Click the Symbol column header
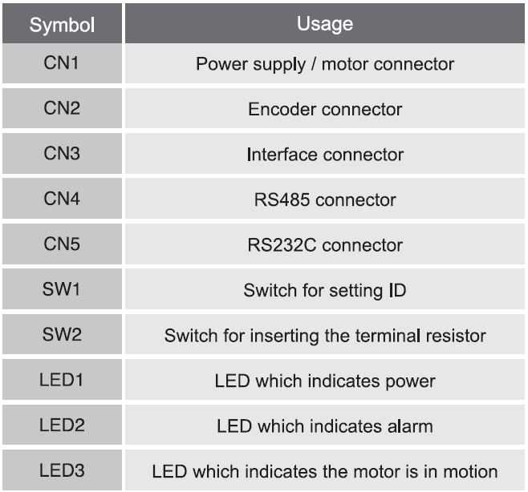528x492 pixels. [x=62, y=25]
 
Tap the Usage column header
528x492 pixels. [x=325, y=24]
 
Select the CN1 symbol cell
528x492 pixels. [x=61, y=63]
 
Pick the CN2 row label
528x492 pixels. [x=62, y=108]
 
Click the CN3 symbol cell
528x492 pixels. [x=62, y=153]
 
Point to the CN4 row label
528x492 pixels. [x=62, y=199]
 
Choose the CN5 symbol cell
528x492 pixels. [x=62, y=244]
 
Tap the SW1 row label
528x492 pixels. [x=61, y=289]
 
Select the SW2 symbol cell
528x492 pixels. [x=62, y=334]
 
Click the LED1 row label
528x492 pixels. [x=61, y=380]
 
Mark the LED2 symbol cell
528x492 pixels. [x=62, y=425]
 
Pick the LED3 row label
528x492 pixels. [x=62, y=470]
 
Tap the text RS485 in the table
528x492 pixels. [x=282, y=200]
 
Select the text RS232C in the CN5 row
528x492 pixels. [x=282, y=245]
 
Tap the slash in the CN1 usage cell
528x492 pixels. [x=314, y=64]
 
